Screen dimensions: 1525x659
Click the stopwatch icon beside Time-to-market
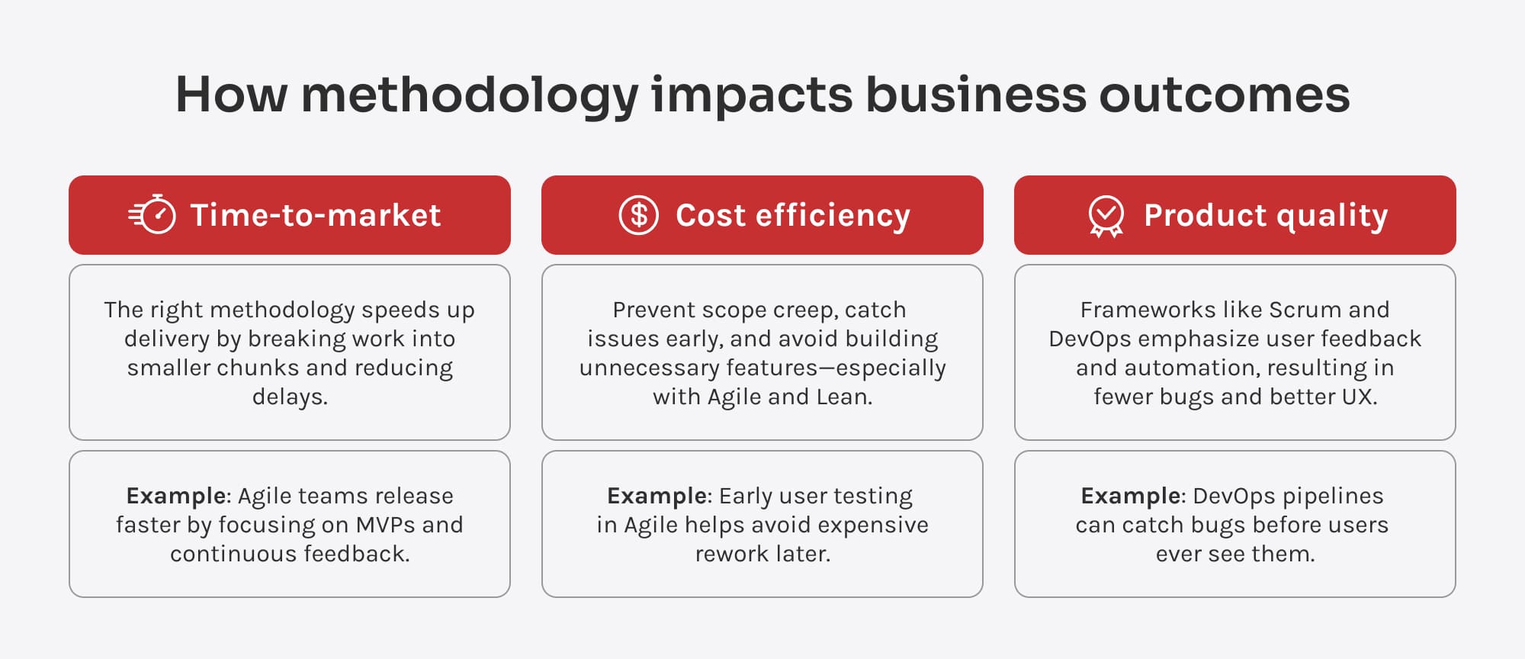tap(152, 214)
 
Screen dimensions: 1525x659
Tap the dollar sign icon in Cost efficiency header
tap(639, 215)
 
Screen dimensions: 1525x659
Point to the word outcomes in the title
tap(1225, 95)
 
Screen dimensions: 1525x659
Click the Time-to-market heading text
tap(316, 215)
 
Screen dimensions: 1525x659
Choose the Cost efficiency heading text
tap(793, 216)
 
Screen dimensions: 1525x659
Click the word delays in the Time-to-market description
tap(290, 397)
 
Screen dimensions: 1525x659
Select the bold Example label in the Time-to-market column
tap(176, 497)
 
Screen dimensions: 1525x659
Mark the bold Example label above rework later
tap(657, 497)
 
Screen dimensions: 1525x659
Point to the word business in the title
tap(975, 95)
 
